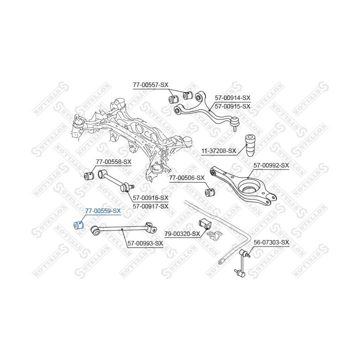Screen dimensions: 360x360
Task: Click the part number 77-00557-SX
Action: [x=150, y=85]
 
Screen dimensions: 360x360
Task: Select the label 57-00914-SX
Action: [x=232, y=98]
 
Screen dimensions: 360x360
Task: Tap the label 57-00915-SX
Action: [x=232, y=106]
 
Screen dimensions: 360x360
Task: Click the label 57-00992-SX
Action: [x=271, y=165]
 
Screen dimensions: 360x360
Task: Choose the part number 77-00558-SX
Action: [x=113, y=161]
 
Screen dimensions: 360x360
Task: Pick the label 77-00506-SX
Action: [x=186, y=177]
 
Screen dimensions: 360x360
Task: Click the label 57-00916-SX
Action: [x=149, y=197]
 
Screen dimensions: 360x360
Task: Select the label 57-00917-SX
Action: [x=149, y=205]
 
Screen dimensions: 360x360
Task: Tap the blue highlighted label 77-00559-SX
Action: [x=103, y=211]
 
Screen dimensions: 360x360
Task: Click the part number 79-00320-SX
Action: [x=182, y=233]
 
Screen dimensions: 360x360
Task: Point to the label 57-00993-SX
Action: [x=145, y=243]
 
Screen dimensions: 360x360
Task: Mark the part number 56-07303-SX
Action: [x=271, y=242]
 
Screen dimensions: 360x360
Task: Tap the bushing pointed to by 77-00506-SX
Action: [x=210, y=192]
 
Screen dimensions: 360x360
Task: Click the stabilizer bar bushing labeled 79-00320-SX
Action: [x=203, y=223]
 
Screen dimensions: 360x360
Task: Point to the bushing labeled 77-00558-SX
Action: [x=91, y=175]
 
